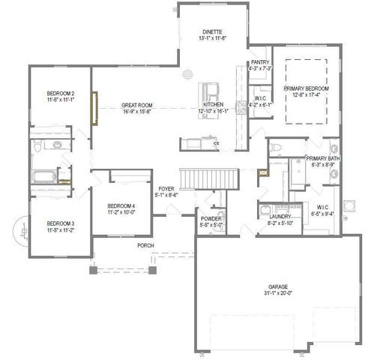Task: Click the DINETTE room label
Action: (209, 33)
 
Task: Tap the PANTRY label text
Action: (260, 62)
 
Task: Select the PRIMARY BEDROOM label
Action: (307, 88)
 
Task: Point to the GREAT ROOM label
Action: (138, 106)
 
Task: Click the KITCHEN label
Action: (211, 104)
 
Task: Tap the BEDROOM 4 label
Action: (121, 205)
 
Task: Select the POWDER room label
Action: (210, 218)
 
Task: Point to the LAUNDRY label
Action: (280, 217)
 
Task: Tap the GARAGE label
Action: (278, 286)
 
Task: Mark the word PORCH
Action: (145, 245)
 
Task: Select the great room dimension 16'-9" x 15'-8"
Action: (138, 112)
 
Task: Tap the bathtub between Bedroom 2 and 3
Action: (42, 178)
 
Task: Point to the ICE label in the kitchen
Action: (216, 142)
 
